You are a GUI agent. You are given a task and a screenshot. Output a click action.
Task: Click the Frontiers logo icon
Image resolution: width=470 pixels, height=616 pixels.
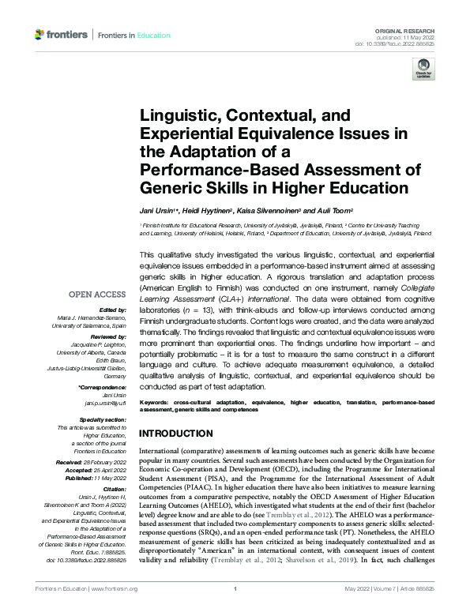(39, 35)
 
